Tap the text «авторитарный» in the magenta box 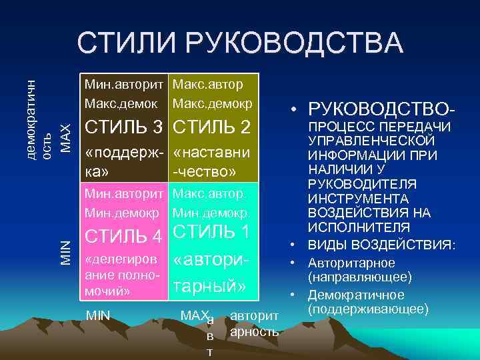point(209,273)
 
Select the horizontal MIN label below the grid point(98,313)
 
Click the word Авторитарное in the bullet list point(351,263)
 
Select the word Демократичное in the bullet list point(355,295)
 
